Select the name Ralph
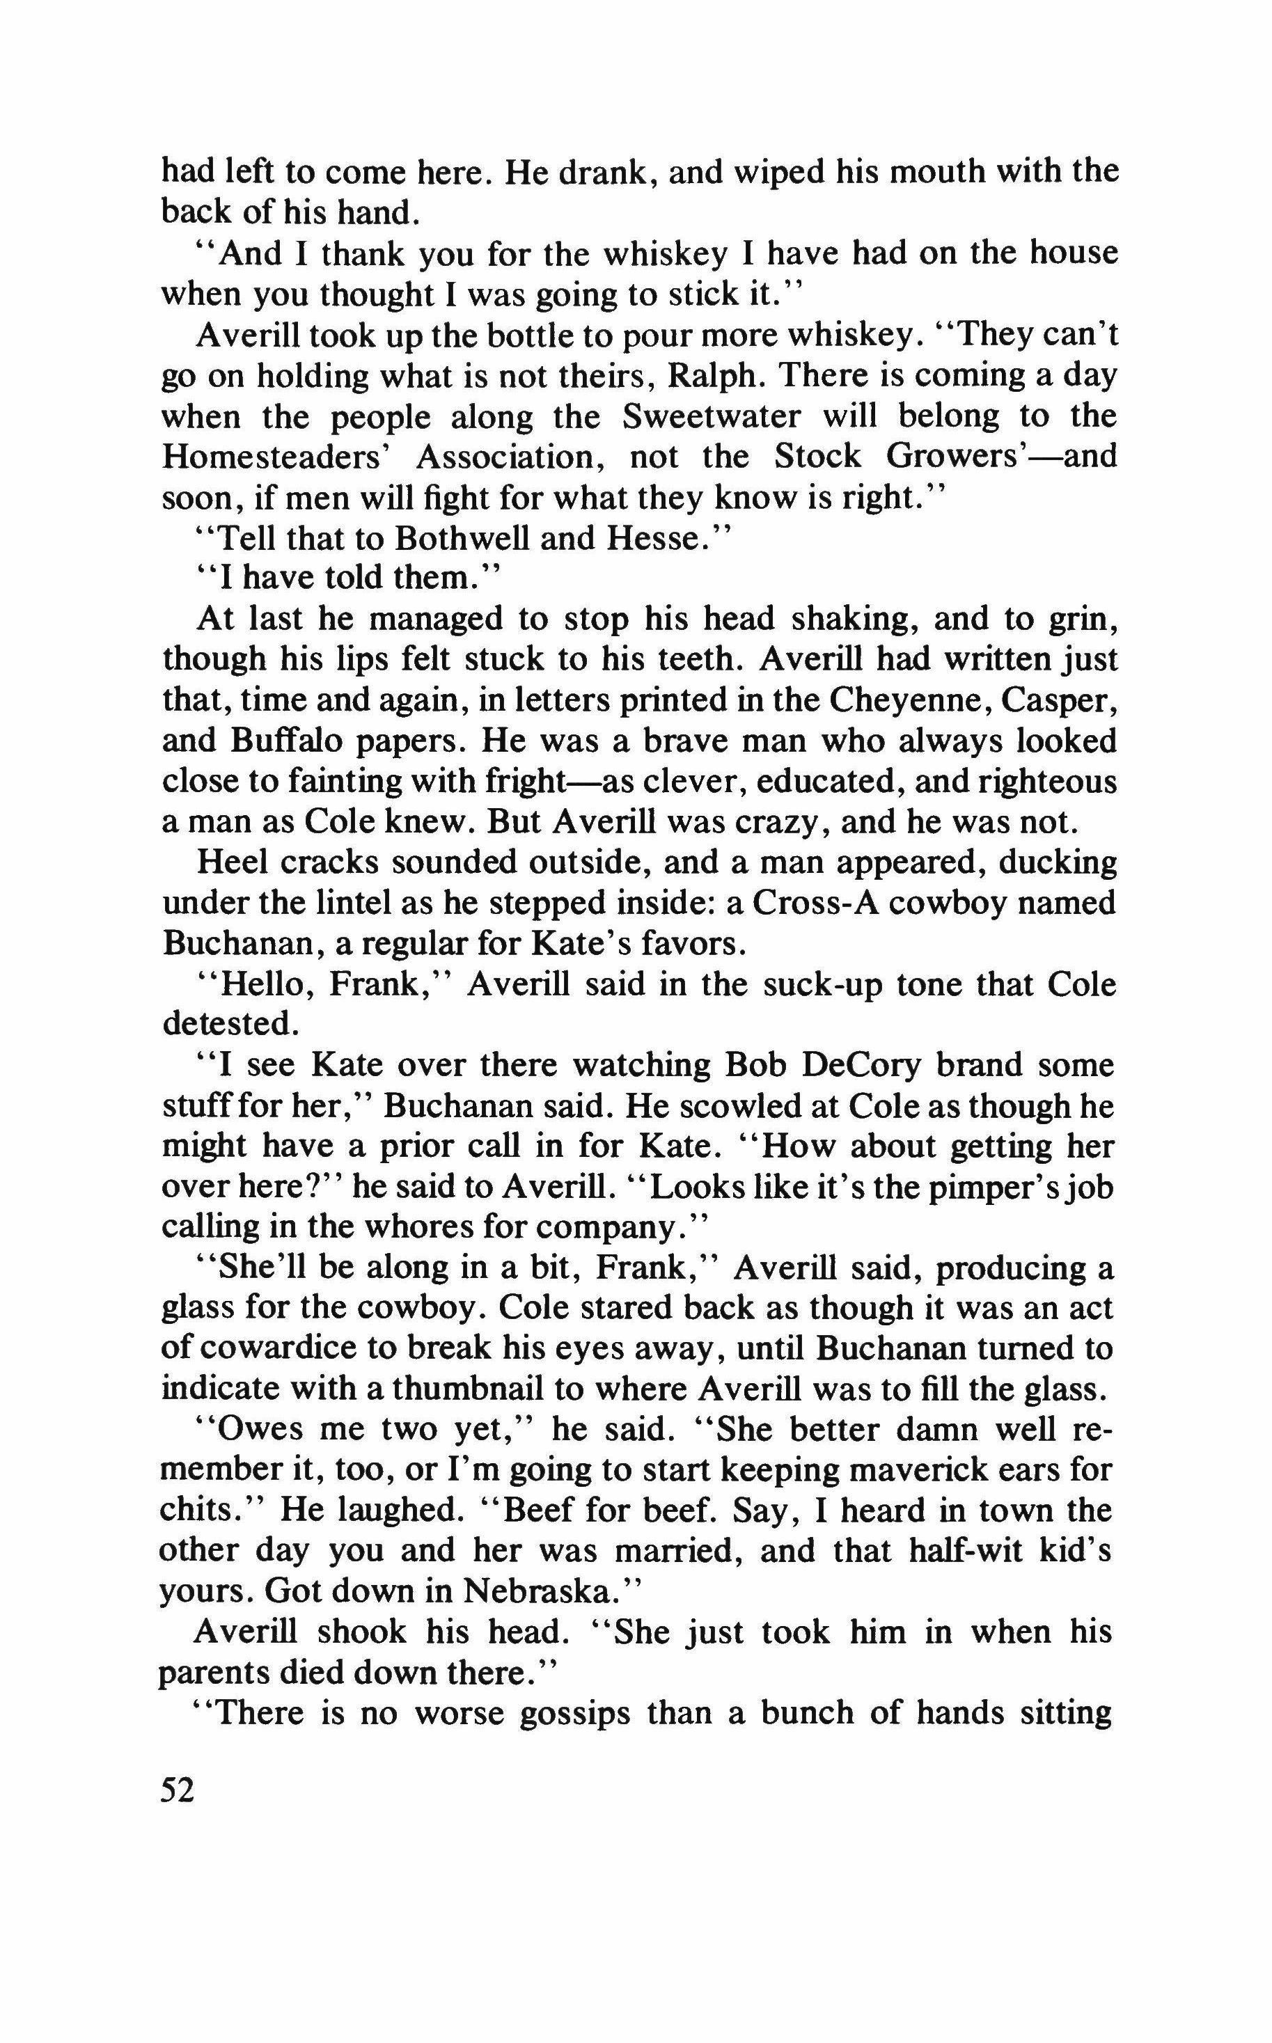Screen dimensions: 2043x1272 (x=714, y=375)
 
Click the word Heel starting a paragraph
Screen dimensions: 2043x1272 (x=228, y=863)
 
